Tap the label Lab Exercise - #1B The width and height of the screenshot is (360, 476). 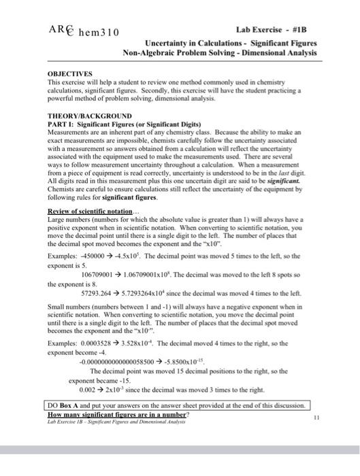coord(276,30)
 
